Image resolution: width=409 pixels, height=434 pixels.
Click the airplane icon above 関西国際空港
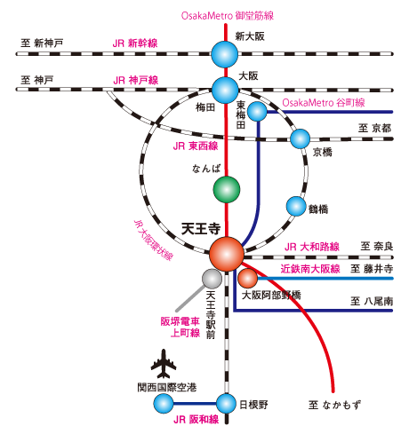(163, 363)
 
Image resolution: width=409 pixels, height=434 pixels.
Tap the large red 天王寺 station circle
(226, 253)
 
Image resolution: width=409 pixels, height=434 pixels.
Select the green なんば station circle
(227, 188)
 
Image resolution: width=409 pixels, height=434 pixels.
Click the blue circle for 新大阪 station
(225, 54)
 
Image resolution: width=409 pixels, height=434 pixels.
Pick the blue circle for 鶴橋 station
(296, 206)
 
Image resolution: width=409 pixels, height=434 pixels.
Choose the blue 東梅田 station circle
(257, 111)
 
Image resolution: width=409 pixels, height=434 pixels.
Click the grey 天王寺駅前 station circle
(212, 280)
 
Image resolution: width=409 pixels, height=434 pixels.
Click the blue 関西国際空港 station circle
(164, 404)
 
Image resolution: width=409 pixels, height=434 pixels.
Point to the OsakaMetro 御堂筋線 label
(226, 15)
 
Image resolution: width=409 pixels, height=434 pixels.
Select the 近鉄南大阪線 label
(311, 266)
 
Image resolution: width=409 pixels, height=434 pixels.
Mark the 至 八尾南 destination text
(372, 301)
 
